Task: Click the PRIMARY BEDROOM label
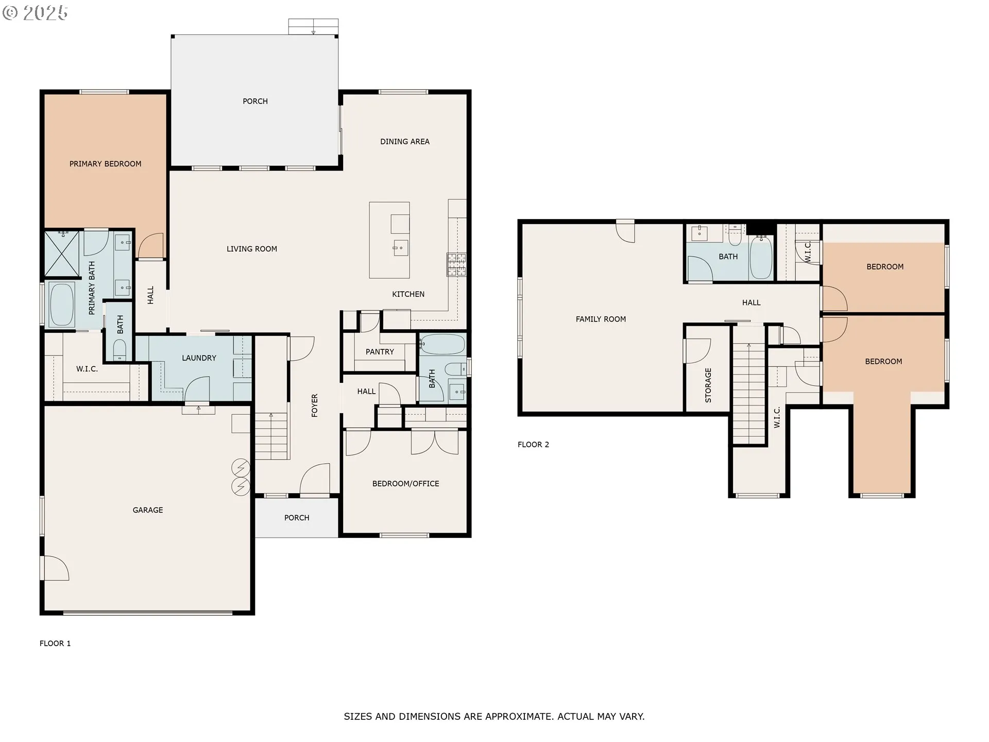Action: [x=105, y=164]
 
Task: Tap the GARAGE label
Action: [x=148, y=510]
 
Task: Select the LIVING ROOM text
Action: [x=252, y=249]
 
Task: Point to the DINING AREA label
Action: [x=405, y=142]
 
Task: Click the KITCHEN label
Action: [x=408, y=294]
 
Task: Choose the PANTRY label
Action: [x=380, y=352]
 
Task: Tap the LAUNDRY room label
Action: [x=199, y=358]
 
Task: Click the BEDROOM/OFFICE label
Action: [x=406, y=484]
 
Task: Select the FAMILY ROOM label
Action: [x=601, y=319]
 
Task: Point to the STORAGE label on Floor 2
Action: [x=708, y=385]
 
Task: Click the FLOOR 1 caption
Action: [x=55, y=644]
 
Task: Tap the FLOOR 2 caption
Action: [x=534, y=445]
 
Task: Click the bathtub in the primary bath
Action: [x=62, y=305]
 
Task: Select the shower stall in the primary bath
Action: [x=62, y=254]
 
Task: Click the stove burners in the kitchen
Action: [x=456, y=264]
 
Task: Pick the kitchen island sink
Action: [x=400, y=248]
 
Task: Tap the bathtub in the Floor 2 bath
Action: [x=761, y=257]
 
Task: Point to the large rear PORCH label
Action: [x=255, y=102]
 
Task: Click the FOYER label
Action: [x=315, y=406]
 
